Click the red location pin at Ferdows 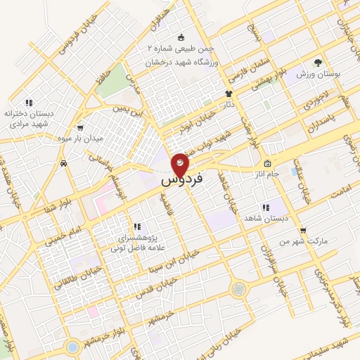[181, 165]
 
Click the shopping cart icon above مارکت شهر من [303, 230]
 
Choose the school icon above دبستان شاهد [265, 207]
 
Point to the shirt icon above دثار [229, 93]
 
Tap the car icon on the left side [65, 163]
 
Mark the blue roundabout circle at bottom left [72, 347]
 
